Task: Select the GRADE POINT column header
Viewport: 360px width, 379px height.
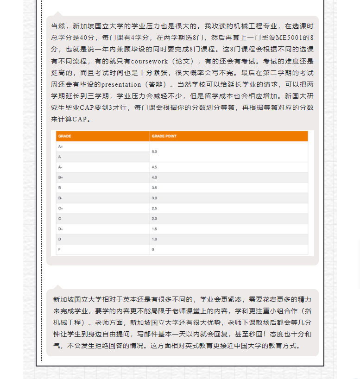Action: click(x=164, y=136)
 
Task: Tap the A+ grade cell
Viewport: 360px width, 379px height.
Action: click(x=61, y=146)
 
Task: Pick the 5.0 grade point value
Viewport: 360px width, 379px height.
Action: click(x=154, y=152)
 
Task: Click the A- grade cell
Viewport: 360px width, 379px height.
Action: click(x=60, y=167)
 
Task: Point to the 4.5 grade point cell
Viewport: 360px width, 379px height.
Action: click(x=154, y=167)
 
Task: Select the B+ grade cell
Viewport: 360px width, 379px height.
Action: click(x=61, y=177)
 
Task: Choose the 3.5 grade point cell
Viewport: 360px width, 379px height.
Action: click(x=154, y=188)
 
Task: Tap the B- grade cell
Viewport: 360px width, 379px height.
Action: click(x=60, y=198)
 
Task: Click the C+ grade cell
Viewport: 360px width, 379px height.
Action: click(x=61, y=208)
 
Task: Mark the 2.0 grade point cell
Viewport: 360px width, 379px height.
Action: click(x=154, y=218)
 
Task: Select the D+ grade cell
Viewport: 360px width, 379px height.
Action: click(x=61, y=229)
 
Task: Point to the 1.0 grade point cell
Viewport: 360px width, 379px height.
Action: click(x=154, y=239)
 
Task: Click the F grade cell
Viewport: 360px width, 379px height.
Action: click(x=59, y=249)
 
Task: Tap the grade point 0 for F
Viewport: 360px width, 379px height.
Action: click(x=153, y=249)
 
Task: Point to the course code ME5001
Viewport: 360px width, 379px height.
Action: click(x=293, y=38)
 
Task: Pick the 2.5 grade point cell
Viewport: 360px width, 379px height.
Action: click(x=154, y=208)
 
